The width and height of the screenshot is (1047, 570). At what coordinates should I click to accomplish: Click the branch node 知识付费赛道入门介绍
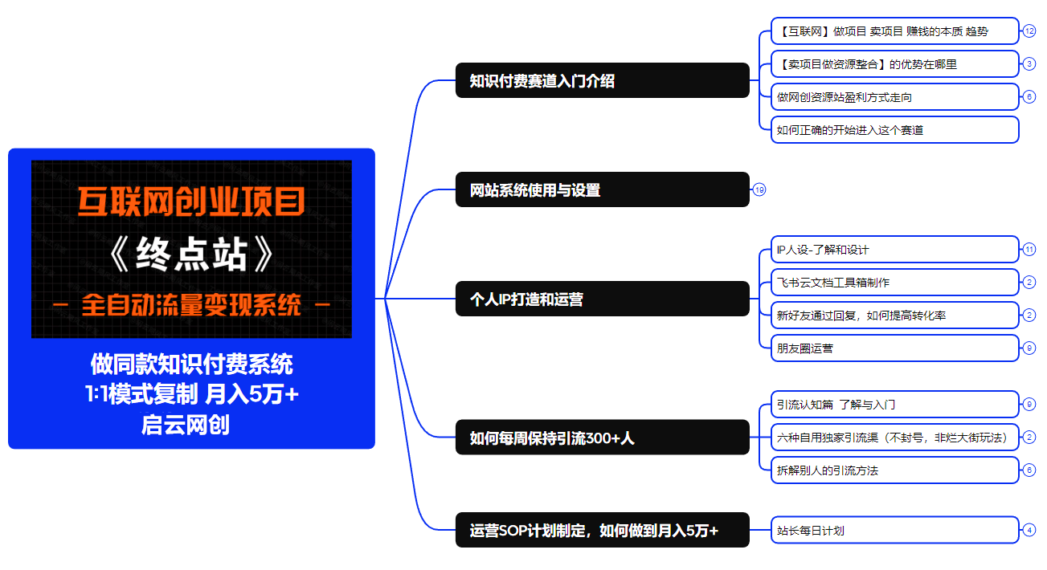(602, 80)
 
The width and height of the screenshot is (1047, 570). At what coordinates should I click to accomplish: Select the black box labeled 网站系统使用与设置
(602, 189)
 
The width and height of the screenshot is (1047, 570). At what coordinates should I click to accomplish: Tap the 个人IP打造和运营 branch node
(602, 299)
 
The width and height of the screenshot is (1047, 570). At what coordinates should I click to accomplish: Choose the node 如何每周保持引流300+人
(602, 438)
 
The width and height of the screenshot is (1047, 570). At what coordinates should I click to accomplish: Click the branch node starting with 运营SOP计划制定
(602, 530)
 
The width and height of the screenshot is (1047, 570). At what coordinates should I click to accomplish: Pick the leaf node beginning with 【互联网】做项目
(894, 31)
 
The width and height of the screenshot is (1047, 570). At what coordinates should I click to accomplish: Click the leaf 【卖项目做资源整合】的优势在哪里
(894, 64)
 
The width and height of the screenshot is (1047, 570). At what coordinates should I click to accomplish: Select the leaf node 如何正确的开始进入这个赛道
(894, 129)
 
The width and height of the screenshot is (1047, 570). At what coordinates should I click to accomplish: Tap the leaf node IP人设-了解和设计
(894, 250)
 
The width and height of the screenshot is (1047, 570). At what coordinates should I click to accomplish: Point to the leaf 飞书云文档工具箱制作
(894, 283)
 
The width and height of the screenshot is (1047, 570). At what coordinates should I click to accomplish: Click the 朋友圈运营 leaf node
(894, 348)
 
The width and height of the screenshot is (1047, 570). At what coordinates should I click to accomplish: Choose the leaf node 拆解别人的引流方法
(894, 470)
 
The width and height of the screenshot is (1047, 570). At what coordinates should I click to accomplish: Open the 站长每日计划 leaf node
(894, 530)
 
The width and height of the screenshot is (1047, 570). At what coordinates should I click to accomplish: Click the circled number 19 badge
(759, 190)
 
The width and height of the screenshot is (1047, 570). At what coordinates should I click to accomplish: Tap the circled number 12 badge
(1029, 31)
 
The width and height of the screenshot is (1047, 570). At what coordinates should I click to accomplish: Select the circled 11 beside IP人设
(1029, 250)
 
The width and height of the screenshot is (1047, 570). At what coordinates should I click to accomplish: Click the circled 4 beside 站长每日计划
(1029, 530)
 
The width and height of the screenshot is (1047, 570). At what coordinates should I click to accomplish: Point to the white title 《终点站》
(191, 255)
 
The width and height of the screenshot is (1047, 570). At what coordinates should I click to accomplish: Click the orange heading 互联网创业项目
(191, 202)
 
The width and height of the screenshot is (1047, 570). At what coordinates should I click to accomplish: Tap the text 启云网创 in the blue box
(186, 424)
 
